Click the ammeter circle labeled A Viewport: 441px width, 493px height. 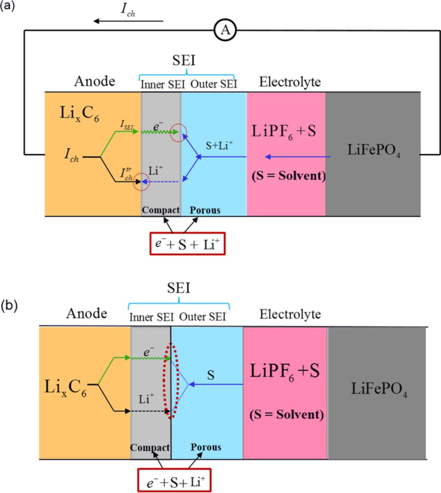225,30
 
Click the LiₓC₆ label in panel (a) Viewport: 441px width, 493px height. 79,114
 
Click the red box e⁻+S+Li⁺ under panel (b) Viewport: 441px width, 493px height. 174,481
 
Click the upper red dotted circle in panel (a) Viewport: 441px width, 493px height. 179,132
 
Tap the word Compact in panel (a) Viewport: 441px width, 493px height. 161,210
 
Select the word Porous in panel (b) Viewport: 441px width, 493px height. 206,447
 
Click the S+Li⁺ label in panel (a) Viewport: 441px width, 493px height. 220,145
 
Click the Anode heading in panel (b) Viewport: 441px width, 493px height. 86,313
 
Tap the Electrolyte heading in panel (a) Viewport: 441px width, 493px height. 290,82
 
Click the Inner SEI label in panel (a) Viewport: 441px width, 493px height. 162,84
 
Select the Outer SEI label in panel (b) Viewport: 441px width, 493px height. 203,317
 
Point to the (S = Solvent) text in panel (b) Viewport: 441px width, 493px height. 286,414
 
